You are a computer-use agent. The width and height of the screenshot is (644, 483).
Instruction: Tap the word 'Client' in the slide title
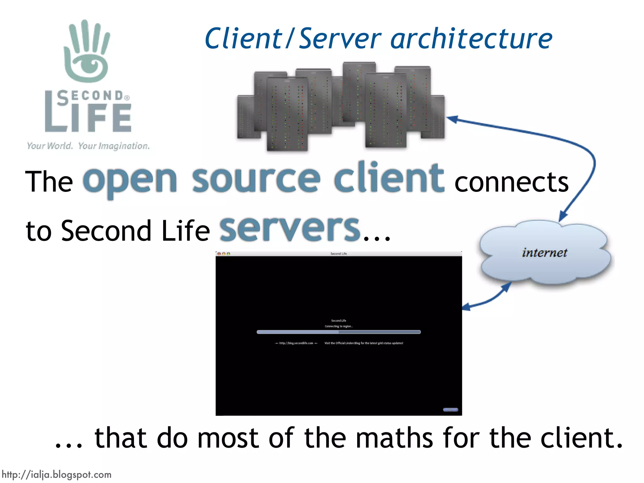(243, 39)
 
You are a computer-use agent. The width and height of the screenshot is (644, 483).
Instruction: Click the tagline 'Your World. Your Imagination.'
(88, 146)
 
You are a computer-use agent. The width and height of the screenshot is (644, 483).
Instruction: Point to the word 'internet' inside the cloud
(544, 253)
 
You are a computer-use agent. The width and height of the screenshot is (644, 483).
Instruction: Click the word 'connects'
(512, 182)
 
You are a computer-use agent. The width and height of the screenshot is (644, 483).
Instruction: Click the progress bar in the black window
(338, 332)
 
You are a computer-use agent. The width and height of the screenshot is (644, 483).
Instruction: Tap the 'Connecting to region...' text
(339, 326)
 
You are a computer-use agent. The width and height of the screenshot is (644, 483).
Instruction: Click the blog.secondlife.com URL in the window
(296, 343)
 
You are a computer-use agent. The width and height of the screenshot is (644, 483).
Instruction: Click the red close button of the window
(219, 253)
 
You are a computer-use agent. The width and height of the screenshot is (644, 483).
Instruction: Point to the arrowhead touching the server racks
(452, 119)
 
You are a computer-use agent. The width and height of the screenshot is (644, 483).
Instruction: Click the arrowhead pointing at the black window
(466, 307)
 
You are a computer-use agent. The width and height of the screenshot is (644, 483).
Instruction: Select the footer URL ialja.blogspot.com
(57, 475)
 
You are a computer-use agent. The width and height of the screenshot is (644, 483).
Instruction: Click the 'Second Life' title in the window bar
(339, 253)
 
